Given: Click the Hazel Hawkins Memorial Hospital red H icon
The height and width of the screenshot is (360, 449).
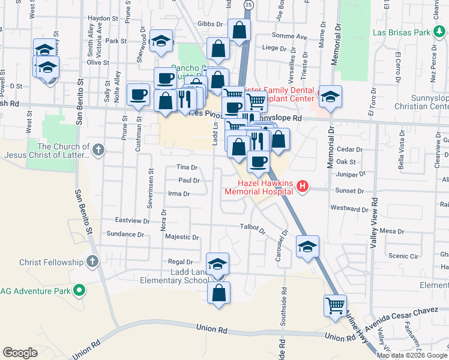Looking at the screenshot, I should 303,187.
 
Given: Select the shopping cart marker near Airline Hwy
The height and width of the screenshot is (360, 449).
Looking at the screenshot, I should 335,305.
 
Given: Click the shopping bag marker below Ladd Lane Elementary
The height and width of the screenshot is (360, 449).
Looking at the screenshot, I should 218,293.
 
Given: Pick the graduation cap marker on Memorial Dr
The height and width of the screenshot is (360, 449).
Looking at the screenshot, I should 330,96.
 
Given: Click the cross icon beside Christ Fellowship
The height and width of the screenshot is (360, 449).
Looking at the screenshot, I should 92,262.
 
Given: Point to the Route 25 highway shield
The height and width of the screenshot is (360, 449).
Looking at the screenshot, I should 249,5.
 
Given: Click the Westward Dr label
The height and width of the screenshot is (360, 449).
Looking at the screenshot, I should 348,209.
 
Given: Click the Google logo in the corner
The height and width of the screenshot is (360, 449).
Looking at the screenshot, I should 20,353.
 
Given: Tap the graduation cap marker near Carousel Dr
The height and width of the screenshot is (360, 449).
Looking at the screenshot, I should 307,247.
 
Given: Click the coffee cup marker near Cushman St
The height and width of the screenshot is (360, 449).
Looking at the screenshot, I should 139,94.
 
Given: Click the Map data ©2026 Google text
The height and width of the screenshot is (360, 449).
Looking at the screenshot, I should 412,355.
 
